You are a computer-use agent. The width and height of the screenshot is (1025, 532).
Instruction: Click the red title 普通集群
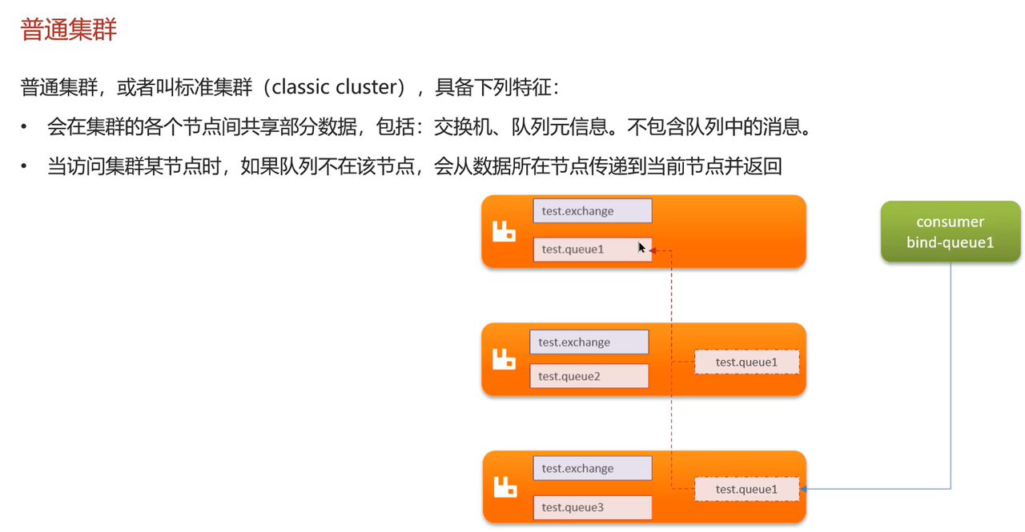coord(69,30)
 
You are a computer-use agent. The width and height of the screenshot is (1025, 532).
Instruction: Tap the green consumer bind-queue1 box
coord(950,231)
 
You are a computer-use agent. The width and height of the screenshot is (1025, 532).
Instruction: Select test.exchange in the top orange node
coord(592,211)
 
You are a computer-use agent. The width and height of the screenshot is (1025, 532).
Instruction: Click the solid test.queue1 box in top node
coord(592,250)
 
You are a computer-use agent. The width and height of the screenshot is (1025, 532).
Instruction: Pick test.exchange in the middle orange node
coord(589,342)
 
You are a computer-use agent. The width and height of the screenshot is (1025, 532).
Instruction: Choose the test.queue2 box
coord(589,376)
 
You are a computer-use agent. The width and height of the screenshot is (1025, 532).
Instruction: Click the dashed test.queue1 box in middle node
coord(746,362)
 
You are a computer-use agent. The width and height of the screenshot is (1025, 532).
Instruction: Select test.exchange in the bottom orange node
coord(592,469)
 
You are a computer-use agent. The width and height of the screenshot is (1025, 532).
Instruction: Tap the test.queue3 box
coord(592,507)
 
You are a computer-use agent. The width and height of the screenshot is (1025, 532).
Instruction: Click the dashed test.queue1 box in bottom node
coord(746,490)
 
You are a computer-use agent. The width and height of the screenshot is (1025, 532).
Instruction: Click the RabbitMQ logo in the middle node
coord(504,359)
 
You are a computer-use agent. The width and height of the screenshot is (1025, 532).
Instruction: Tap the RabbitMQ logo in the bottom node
coord(504,486)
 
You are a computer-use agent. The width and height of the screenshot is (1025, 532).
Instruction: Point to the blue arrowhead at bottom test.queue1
coord(803,489)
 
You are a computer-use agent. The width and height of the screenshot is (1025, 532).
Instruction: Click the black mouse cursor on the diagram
coord(641,248)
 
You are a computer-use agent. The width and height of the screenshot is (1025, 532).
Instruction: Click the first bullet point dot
coord(25,127)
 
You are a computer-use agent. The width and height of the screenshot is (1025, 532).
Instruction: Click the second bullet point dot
coord(25,167)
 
